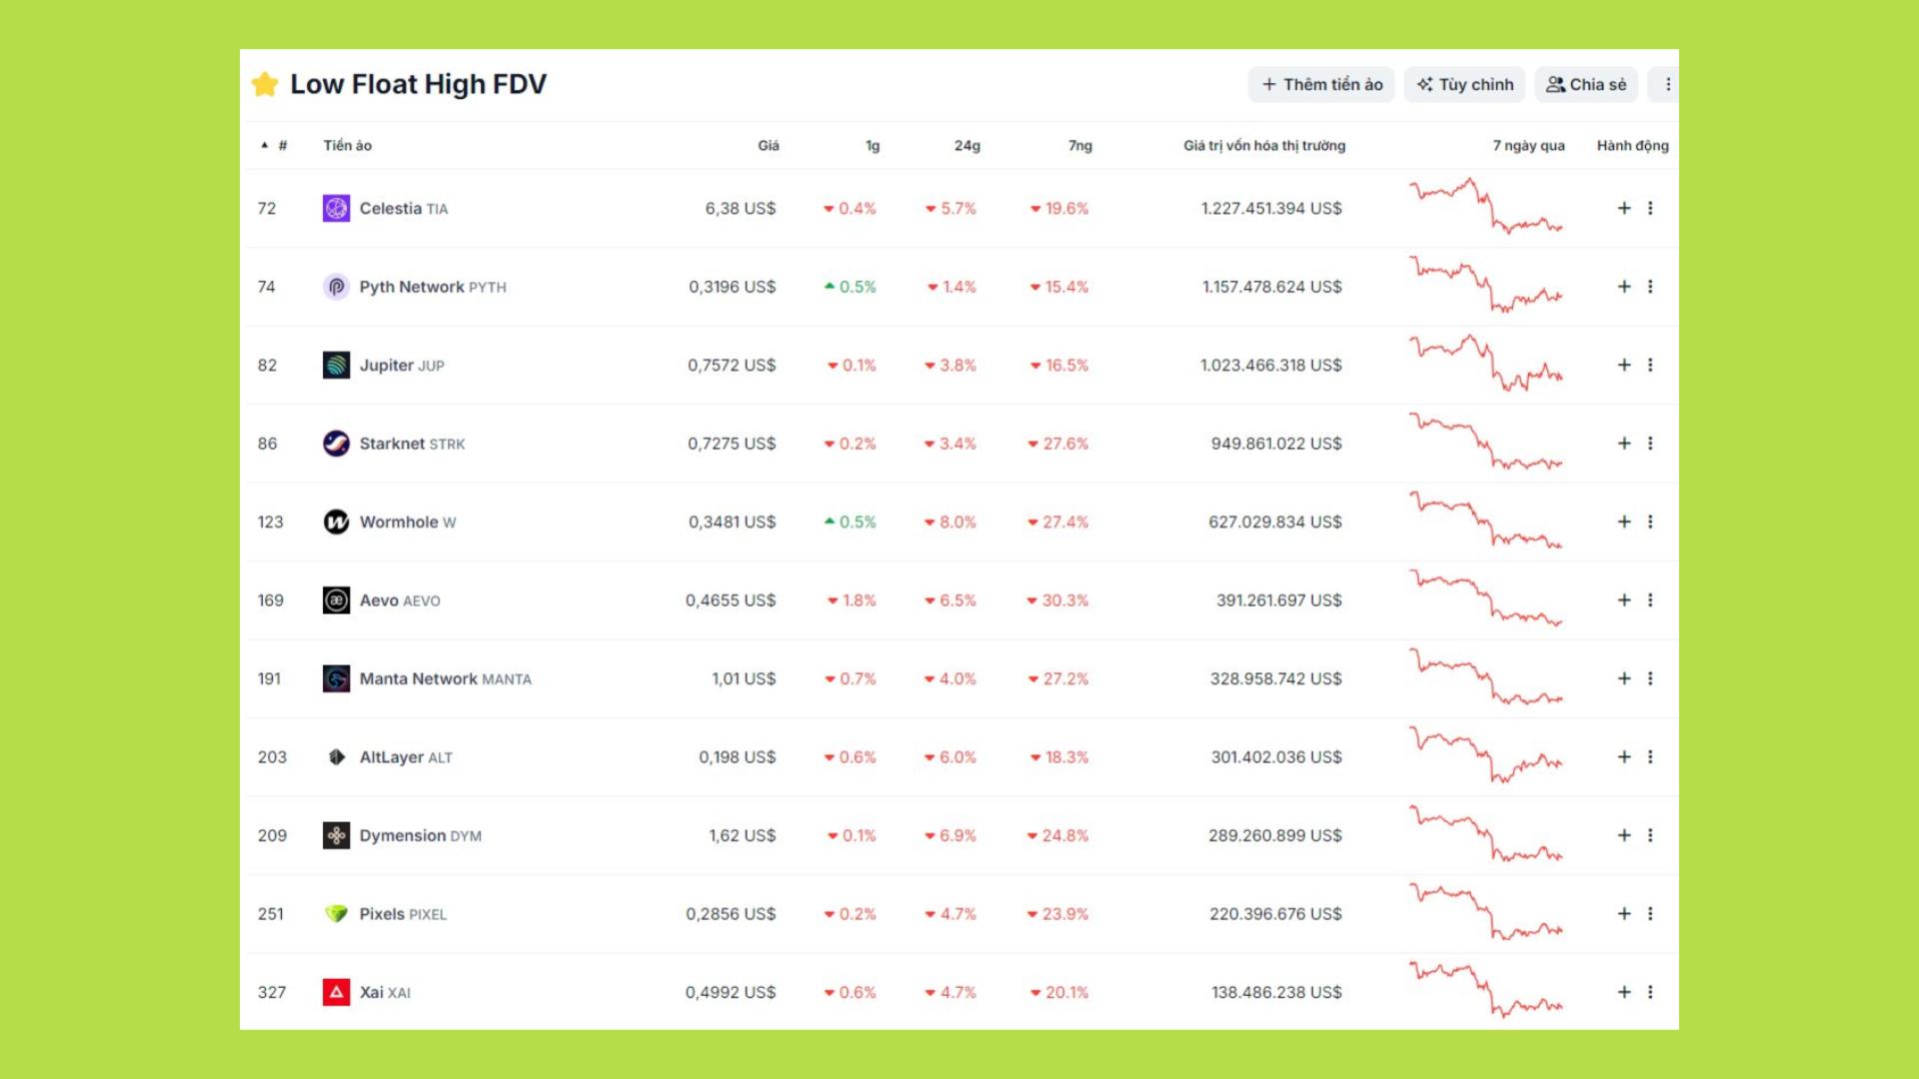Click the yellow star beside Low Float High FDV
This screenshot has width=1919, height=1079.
pos(265,84)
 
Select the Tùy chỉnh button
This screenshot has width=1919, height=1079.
pos(1465,85)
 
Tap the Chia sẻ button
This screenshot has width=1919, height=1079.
pos(1586,85)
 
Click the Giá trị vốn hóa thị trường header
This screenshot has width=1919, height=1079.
pos(1264,146)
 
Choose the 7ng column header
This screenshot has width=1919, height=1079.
pos(1079,146)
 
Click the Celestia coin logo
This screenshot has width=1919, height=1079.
pos(337,209)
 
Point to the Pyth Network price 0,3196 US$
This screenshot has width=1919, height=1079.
pos(732,288)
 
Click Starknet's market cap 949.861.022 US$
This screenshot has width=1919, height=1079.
pos(1276,444)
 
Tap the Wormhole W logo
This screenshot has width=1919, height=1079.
pos(337,523)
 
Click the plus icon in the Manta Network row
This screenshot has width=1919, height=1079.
pos(1624,679)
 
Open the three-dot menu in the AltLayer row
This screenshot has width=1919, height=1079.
pos(1650,757)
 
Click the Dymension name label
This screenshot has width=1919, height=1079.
pos(403,836)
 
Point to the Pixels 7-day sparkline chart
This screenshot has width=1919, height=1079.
pos(1486,913)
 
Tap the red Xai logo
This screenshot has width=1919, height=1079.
pos(337,993)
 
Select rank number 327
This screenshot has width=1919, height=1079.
pos(272,993)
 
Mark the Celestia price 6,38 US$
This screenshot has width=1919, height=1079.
pos(740,209)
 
